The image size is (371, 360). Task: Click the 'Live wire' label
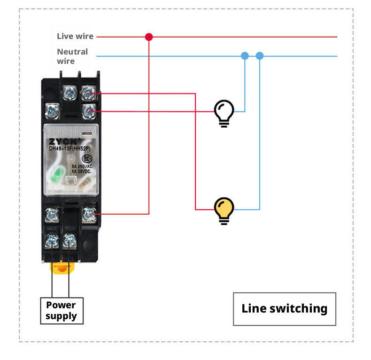point(75,36)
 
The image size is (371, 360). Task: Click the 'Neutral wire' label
point(72,56)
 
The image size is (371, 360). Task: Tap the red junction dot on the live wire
point(149,37)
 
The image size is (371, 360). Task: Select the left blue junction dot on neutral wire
point(245,56)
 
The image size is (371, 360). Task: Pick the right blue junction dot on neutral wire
point(260,56)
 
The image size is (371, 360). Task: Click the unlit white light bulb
point(224,113)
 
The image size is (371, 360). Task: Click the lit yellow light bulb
point(224,210)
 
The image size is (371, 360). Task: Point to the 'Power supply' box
point(62,311)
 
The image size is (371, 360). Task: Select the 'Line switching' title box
point(284,309)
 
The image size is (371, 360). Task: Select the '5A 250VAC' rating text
point(83,167)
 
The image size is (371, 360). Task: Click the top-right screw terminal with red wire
point(88,93)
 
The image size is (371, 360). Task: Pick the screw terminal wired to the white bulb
point(88,111)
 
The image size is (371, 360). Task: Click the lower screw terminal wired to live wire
point(88,215)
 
